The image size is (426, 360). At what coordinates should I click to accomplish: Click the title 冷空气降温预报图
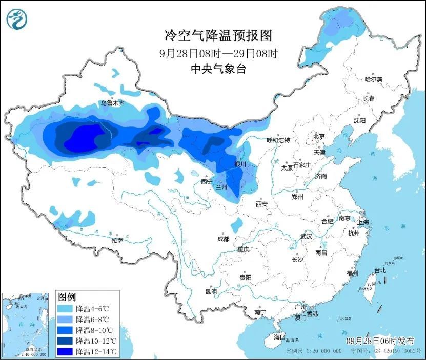click(217, 35)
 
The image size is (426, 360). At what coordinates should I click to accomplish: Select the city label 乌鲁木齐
click(112, 103)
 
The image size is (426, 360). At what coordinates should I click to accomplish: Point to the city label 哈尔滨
click(374, 79)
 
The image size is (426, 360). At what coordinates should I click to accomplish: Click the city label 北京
click(319, 136)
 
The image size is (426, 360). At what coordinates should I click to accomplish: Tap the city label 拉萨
click(117, 240)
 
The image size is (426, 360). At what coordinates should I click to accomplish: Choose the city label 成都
click(223, 239)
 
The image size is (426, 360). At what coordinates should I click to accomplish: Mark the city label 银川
click(240, 164)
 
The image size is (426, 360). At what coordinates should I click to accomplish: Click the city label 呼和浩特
click(278, 140)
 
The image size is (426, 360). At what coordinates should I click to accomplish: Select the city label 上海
click(363, 222)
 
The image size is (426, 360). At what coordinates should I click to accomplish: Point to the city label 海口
click(279, 337)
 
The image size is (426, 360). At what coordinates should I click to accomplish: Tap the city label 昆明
click(211, 291)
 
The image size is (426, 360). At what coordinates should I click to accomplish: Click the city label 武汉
click(306, 236)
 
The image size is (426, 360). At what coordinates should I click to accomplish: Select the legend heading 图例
click(67, 297)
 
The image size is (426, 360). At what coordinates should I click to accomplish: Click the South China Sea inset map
click(27, 324)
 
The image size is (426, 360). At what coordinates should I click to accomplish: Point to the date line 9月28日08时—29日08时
click(217, 53)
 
